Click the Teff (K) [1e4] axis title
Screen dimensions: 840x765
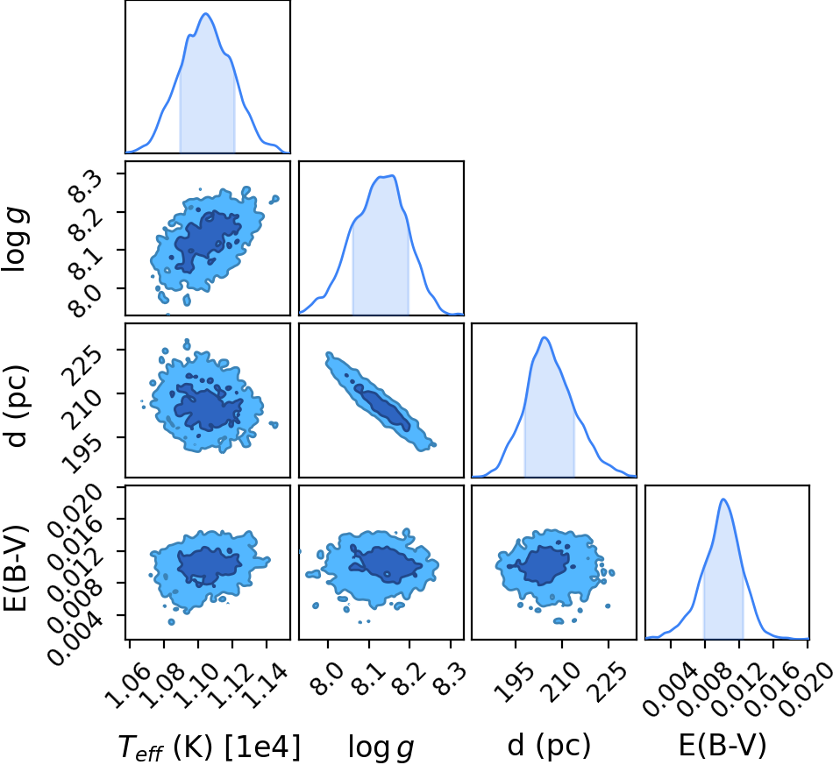(210, 747)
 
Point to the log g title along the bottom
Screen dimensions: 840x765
(381, 747)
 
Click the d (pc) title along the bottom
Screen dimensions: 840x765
(549, 745)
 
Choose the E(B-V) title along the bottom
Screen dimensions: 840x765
(723, 745)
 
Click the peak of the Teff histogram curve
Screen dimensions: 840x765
(206, 13)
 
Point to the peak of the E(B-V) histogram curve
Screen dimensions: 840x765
(723, 499)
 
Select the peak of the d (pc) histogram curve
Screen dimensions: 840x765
(545, 337)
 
